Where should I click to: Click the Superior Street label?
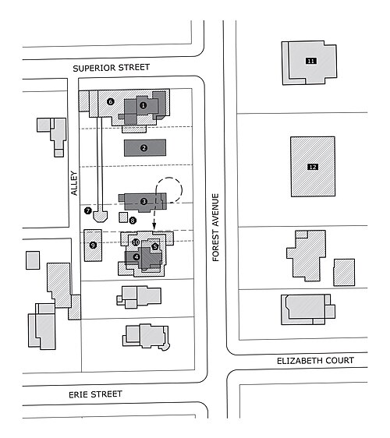click(x=112, y=68)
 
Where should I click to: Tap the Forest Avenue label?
click(x=215, y=228)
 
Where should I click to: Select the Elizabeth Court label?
click(x=315, y=361)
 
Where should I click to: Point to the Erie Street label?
click(x=95, y=394)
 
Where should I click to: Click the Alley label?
click(x=74, y=183)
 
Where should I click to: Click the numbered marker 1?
click(x=144, y=105)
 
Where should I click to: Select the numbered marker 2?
click(x=144, y=148)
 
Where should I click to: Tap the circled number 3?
click(x=144, y=201)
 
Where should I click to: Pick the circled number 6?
click(x=111, y=101)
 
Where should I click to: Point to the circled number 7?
click(x=88, y=210)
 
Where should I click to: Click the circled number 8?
click(x=133, y=221)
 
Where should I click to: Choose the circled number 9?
click(x=93, y=245)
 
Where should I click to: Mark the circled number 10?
click(x=136, y=242)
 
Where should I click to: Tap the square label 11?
click(x=311, y=61)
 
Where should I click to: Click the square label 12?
click(x=313, y=167)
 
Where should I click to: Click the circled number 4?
click(x=136, y=256)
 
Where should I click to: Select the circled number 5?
click(x=155, y=246)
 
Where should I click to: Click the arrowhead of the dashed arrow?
click(x=154, y=226)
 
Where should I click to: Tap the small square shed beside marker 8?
click(x=123, y=217)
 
